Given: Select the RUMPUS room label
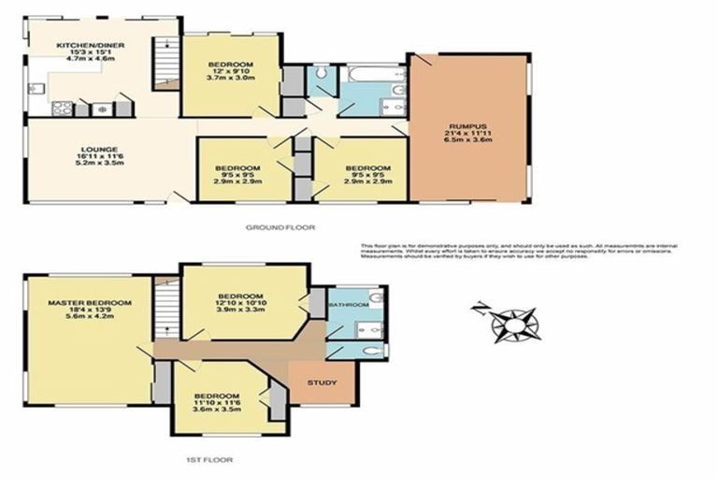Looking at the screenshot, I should pos(465,127).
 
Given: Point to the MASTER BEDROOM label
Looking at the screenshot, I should pos(89,303).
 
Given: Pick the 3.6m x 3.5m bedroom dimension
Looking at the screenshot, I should pos(216,409).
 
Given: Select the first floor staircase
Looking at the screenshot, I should pos(164,308).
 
